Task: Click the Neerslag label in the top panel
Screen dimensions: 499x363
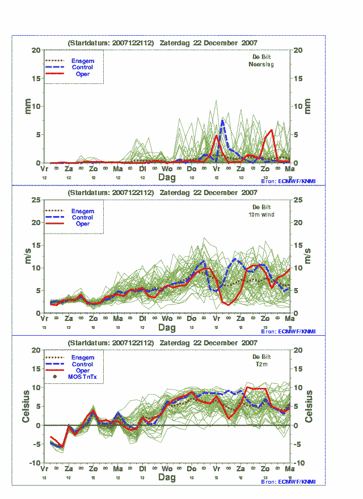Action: (x=261, y=65)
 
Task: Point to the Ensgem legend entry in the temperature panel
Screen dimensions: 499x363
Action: (x=82, y=358)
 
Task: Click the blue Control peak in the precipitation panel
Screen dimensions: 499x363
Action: (x=222, y=120)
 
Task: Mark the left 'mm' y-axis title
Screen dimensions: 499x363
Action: (x=27, y=106)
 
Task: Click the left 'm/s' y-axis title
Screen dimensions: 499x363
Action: (x=27, y=256)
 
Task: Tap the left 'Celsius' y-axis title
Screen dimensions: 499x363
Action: (x=27, y=406)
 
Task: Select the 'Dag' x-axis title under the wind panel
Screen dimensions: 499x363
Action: (x=167, y=328)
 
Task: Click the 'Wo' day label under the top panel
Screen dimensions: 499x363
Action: (x=167, y=169)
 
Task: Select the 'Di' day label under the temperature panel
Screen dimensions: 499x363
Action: (x=143, y=470)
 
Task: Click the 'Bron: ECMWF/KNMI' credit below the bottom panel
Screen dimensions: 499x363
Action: (x=289, y=481)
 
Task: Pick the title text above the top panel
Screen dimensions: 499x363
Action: (x=163, y=43)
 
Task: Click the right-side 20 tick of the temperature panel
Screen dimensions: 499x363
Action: (x=298, y=350)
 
